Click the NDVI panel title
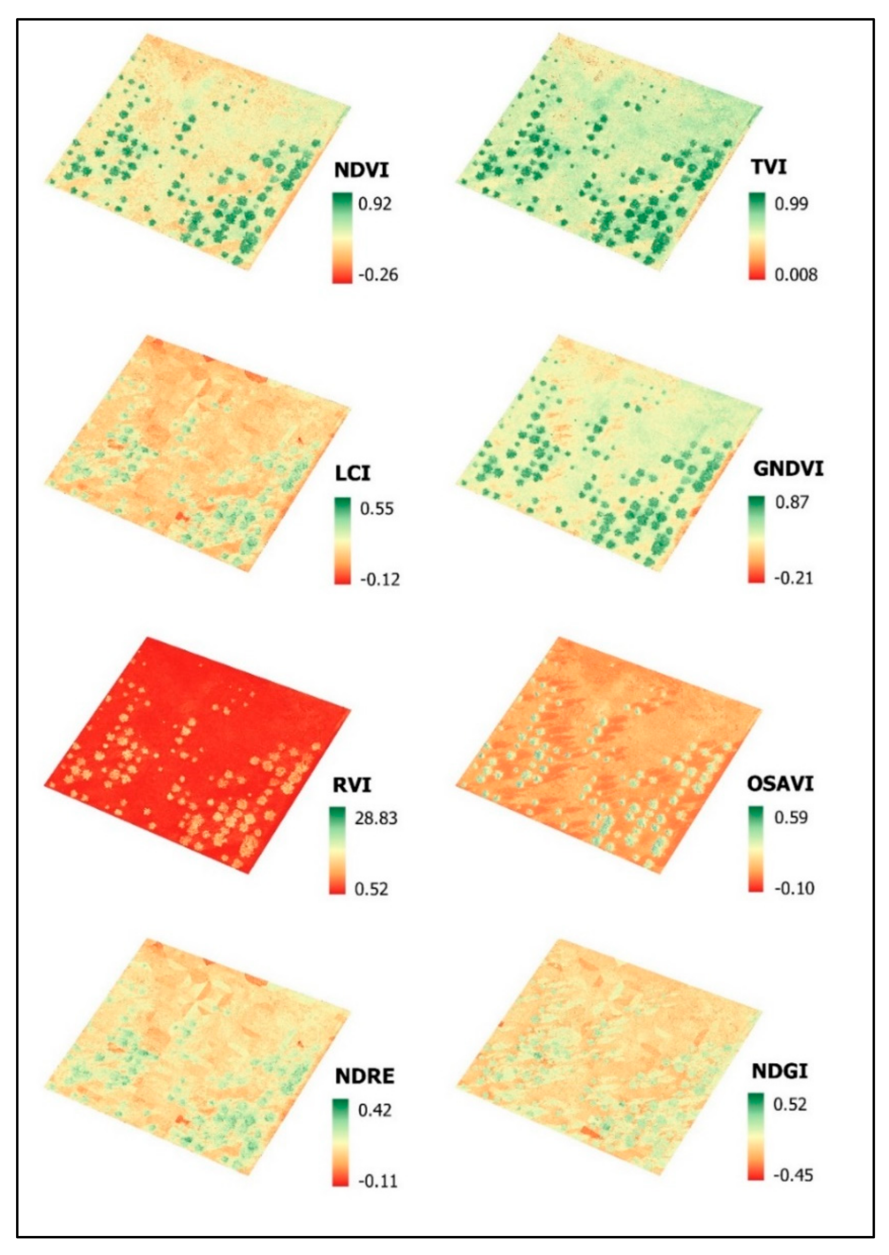coord(361,170)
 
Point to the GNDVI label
coord(788,469)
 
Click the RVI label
coord(352,785)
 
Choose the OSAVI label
coord(780,784)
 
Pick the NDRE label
coord(364,1076)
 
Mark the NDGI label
coord(780,1071)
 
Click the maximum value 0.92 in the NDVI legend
coord(375,204)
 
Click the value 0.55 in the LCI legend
coord(377,509)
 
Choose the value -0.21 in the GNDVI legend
coord(793,578)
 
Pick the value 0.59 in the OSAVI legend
coord(791,818)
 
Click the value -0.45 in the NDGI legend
coord(793,1175)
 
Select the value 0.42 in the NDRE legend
coord(375,1110)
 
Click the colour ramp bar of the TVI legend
coord(757,236)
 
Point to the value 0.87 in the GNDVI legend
coord(792,502)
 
